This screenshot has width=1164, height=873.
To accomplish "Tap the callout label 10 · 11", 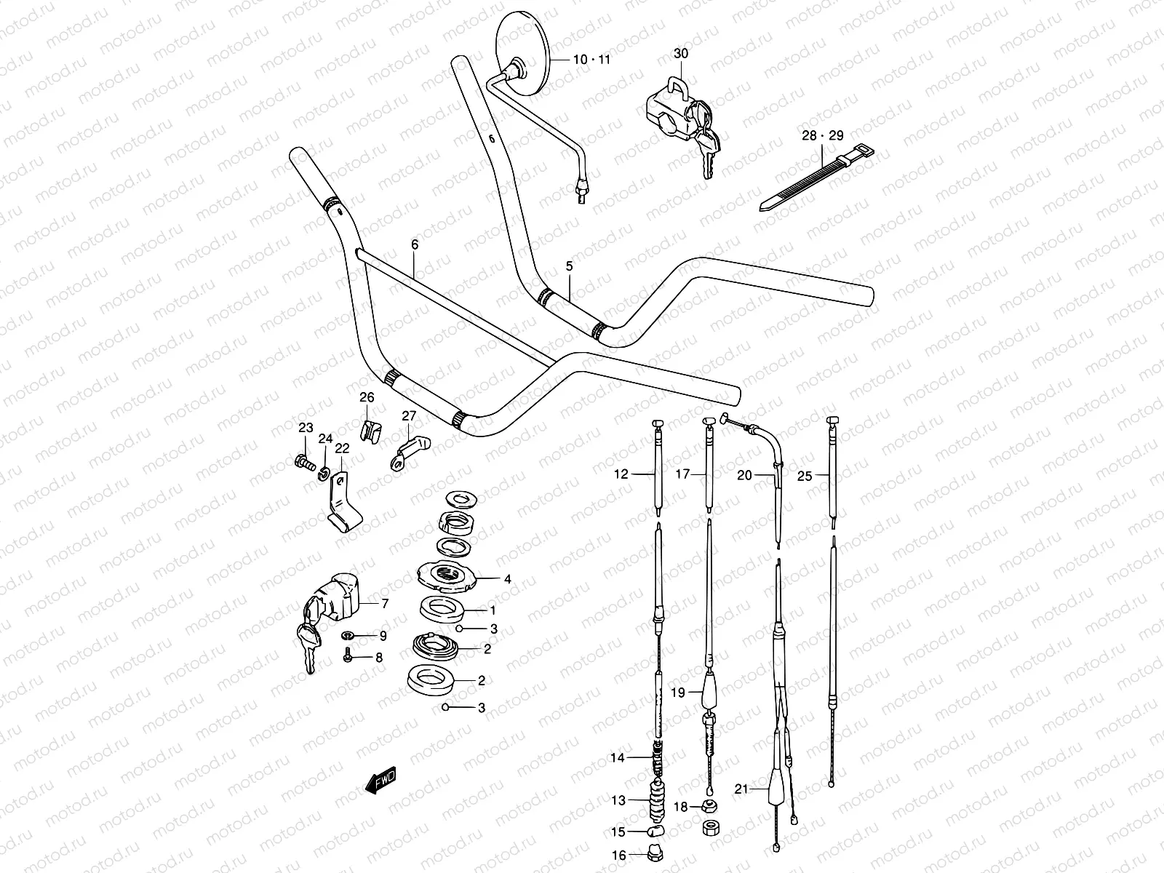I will click(591, 60).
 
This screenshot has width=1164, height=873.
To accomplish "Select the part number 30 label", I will click(680, 54).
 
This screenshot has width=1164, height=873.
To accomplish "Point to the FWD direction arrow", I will click(380, 781).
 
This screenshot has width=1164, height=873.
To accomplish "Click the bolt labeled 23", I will click(304, 461).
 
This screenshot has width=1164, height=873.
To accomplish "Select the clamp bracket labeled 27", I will click(411, 449).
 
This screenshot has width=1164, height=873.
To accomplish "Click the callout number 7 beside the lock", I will click(385, 603).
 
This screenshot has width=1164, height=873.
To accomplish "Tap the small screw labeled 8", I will click(348, 657).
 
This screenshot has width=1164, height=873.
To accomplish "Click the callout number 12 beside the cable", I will click(621, 474).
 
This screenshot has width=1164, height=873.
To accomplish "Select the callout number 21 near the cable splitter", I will click(741, 789).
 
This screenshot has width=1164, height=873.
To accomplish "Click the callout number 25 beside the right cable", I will click(804, 476).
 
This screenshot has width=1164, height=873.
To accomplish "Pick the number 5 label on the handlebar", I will click(569, 266).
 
